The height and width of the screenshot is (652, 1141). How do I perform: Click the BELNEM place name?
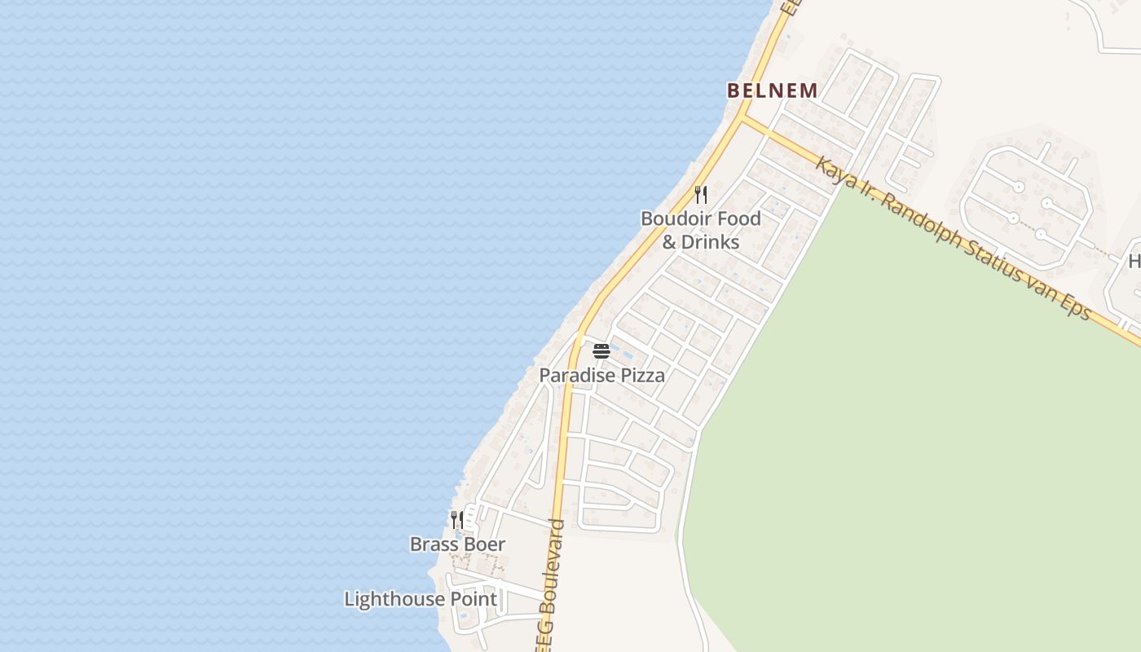click(772, 90)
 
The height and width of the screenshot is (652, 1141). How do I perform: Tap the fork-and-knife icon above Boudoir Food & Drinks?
click(700, 195)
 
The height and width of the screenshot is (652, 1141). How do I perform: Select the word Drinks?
click(710, 242)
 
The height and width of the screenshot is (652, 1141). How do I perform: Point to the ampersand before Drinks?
click(669, 242)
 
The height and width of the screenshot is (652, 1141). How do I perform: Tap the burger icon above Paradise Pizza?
click(601, 351)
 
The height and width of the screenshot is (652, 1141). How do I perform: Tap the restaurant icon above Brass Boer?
click(457, 519)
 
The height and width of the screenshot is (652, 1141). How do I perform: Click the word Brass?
click(434, 544)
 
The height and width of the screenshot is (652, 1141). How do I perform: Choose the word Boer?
click(484, 544)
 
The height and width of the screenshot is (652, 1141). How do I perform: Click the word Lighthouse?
click(394, 600)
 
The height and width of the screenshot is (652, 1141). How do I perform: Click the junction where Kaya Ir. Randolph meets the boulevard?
click(742, 118)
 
